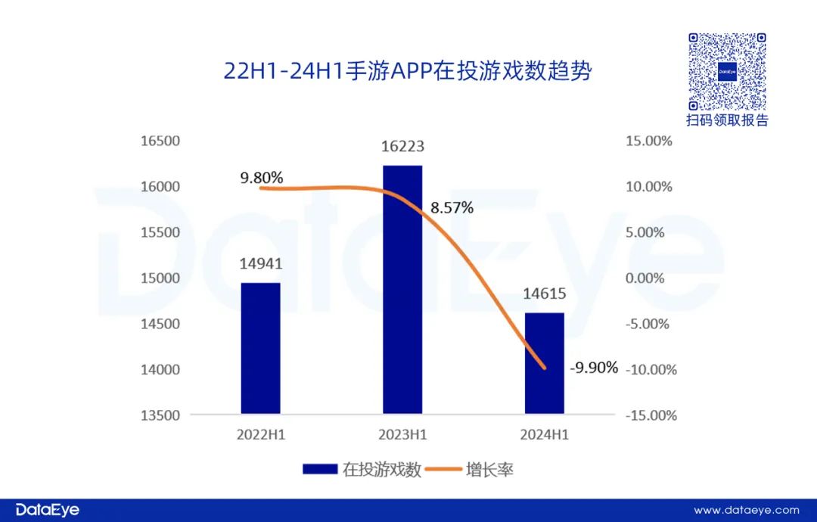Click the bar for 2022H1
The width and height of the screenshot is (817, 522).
[x=260, y=348]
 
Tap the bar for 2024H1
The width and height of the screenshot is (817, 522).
[x=545, y=363]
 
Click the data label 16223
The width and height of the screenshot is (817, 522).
[x=403, y=147]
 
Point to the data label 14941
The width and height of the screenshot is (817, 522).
[x=261, y=265]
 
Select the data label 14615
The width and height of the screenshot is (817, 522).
[x=545, y=294]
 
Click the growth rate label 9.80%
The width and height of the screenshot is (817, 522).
[x=262, y=178]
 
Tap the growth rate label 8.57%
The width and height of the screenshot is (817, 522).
[x=452, y=207]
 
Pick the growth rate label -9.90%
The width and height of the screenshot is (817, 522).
[x=594, y=368]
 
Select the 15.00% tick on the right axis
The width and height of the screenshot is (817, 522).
[x=648, y=141]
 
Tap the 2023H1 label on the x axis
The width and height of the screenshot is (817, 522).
[x=403, y=435]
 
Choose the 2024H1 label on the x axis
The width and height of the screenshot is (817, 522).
[x=545, y=435]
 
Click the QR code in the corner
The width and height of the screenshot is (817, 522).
[x=727, y=72]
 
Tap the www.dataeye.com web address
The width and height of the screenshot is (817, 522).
[x=746, y=511]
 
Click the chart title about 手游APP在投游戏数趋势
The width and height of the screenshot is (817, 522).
[x=408, y=71]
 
